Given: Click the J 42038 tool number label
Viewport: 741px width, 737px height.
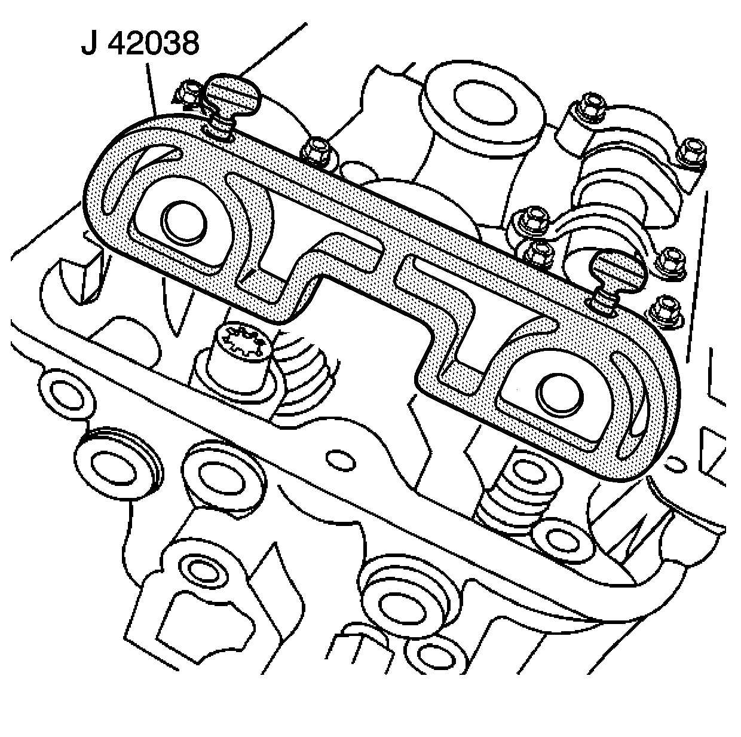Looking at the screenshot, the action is (x=140, y=44).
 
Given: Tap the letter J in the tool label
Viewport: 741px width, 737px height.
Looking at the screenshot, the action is (x=89, y=44).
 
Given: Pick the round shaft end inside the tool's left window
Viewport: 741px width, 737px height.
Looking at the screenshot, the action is (x=184, y=224).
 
